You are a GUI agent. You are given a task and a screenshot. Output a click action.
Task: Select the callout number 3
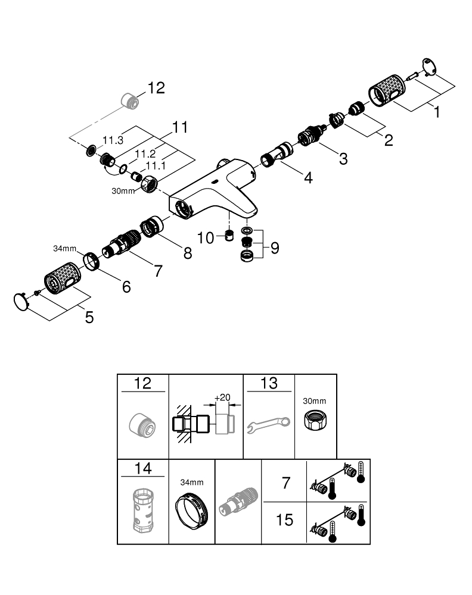click(x=343, y=158)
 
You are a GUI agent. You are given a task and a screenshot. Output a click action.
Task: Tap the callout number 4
click(x=308, y=177)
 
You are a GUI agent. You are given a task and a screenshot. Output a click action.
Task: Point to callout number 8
click(x=188, y=252)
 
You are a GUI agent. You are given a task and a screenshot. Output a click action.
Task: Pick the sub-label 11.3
click(x=113, y=140)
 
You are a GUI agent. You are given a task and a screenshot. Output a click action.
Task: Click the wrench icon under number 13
click(x=268, y=424)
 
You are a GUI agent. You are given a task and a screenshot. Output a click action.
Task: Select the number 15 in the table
click(x=285, y=520)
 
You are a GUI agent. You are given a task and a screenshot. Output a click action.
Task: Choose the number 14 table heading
click(x=143, y=468)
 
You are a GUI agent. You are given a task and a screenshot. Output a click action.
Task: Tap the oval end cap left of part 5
click(x=21, y=302)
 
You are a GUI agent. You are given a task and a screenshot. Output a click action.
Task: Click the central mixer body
click(x=215, y=189)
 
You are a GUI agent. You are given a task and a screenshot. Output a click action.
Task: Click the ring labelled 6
click(x=91, y=261)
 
